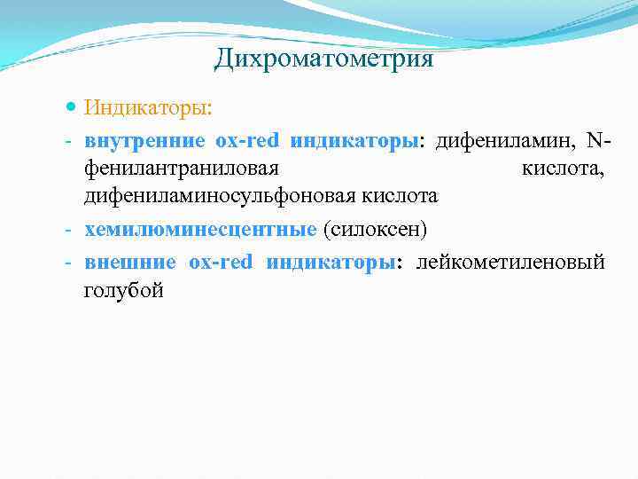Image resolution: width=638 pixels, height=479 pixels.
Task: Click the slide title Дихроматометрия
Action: [x=323, y=59]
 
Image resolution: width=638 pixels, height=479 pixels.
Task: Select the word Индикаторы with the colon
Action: [x=148, y=108]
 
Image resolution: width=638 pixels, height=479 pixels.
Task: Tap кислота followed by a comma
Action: [x=563, y=168]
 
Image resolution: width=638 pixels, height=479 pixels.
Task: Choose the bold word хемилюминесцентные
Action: [x=200, y=230]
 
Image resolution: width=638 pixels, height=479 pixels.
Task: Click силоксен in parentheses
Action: [x=376, y=230]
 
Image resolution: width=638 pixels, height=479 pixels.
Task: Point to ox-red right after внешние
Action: [x=221, y=262]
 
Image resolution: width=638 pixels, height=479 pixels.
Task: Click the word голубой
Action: [x=124, y=289]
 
